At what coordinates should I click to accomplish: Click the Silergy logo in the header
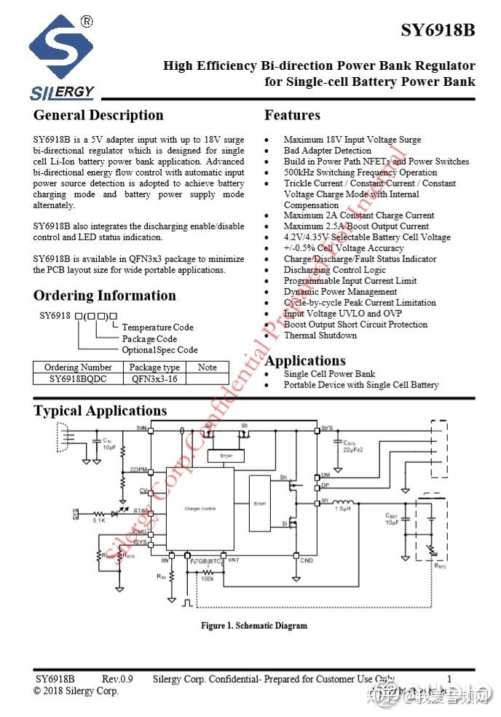click(x=63, y=58)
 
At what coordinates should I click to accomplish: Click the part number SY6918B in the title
click(x=438, y=31)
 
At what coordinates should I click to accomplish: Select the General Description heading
click(x=98, y=115)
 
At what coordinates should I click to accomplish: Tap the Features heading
click(x=292, y=115)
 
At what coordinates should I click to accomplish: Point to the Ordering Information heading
click(x=105, y=296)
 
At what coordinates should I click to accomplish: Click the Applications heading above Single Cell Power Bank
click(x=305, y=361)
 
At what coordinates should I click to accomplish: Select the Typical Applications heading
click(x=100, y=411)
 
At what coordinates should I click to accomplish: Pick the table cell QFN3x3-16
click(x=154, y=379)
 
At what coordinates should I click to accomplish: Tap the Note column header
click(x=208, y=368)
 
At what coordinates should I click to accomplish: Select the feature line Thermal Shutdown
click(x=320, y=336)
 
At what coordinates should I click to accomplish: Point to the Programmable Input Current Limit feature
click(x=350, y=281)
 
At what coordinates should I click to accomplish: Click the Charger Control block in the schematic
click(x=200, y=509)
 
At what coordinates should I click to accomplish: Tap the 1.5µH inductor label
click(x=343, y=509)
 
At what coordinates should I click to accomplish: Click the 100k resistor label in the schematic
click(x=207, y=579)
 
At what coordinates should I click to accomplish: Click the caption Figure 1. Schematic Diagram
click(x=254, y=625)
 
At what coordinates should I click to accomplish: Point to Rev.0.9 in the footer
click(x=117, y=679)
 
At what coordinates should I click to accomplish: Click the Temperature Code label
click(x=158, y=328)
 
